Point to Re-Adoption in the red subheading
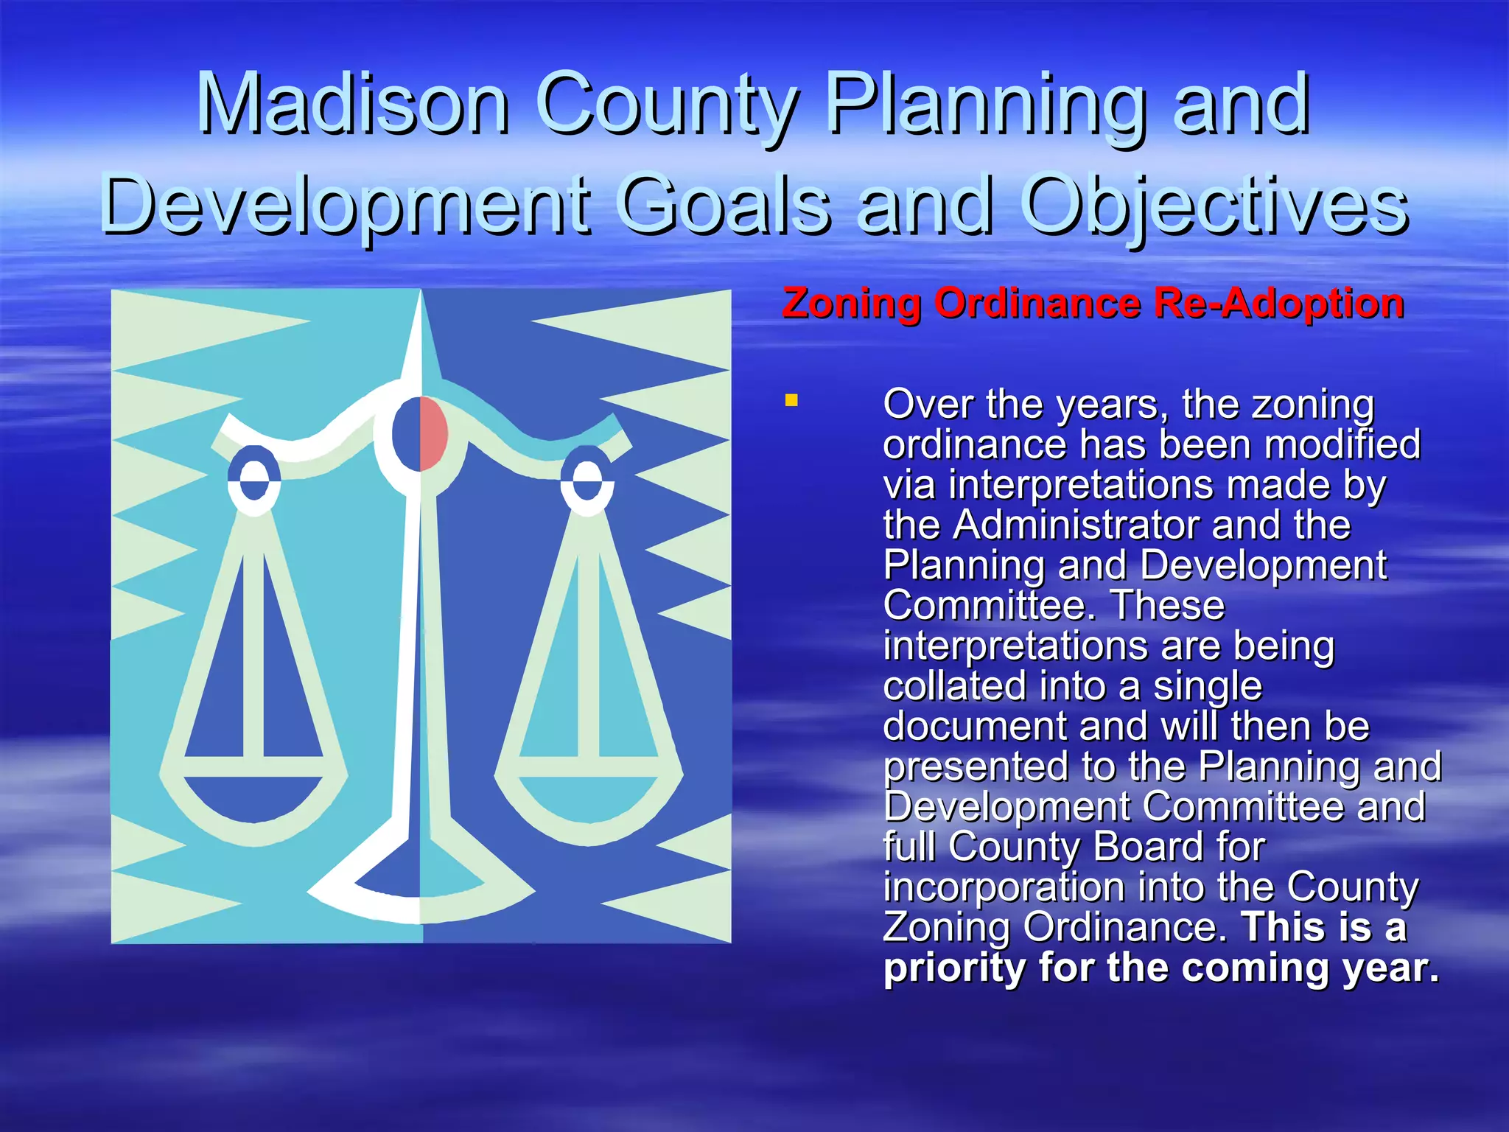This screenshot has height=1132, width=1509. pyautogui.click(x=1278, y=303)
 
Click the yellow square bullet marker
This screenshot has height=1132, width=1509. pyautogui.click(x=791, y=401)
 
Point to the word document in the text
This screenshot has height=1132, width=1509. pyautogui.click(x=974, y=726)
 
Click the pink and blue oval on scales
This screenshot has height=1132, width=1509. pyautogui.click(x=420, y=433)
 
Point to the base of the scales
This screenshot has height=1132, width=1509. pyautogui.click(x=420, y=895)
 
